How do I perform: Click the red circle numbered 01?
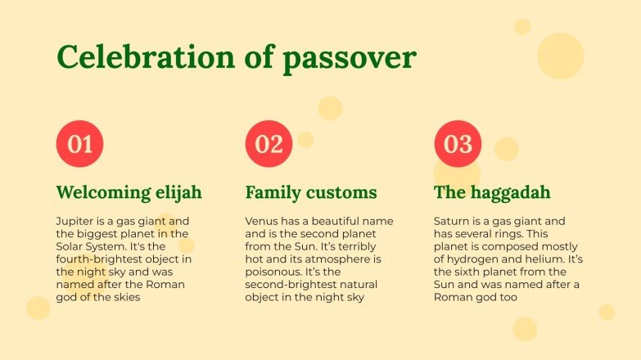79,144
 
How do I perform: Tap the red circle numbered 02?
269,144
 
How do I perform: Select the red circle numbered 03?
458,144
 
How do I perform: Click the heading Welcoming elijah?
129,193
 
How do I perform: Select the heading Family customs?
311,193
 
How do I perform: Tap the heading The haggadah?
492,193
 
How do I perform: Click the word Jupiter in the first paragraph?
75,222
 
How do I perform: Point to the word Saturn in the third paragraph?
453,222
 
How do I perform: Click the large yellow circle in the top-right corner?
561,56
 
